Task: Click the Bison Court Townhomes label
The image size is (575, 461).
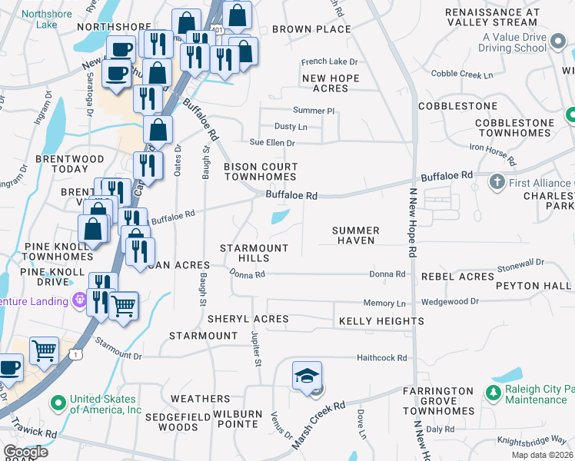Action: pyautogui.click(x=260, y=171)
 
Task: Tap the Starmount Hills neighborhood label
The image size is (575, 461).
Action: pyautogui.click(x=254, y=253)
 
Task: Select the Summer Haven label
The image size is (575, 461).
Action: pyautogui.click(x=355, y=235)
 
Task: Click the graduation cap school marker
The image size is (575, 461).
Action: pyautogui.click(x=307, y=376)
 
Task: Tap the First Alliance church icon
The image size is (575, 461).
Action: pyautogui.click(x=497, y=182)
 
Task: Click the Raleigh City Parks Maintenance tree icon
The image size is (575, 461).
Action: pyautogui.click(x=492, y=394)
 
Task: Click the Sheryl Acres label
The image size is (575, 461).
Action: pyautogui.click(x=248, y=318)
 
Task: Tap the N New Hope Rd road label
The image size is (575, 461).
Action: pyautogui.click(x=413, y=223)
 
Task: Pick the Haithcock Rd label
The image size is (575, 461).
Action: pyautogui.click(x=381, y=357)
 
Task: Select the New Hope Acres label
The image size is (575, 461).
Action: pyautogui.click(x=336, y=83)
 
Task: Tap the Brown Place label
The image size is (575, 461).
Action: pyautogui.click(x=311, y=29)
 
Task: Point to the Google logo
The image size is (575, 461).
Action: pyautogui.click(x=25, y=452)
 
